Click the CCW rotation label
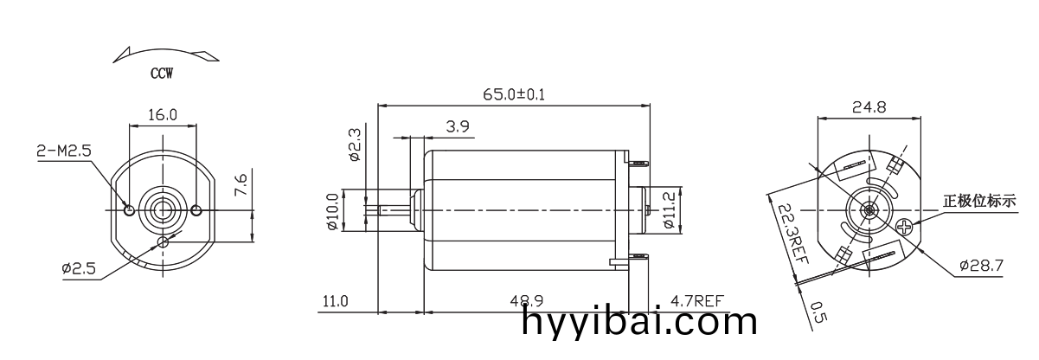tap(162, 74)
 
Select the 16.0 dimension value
tap(163, 114)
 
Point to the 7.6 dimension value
tap(241, 183)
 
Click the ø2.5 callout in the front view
tap(79, 269)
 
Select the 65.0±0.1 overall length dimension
tap(513, 93)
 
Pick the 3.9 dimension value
tap(458, 126)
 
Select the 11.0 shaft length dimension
tap(335, 301)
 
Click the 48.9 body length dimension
tap(526, 301)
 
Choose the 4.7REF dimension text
tap(697, 301)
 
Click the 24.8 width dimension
tap(869, 108)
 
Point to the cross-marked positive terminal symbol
tap(906, 228)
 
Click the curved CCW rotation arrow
tap(165, 55)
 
